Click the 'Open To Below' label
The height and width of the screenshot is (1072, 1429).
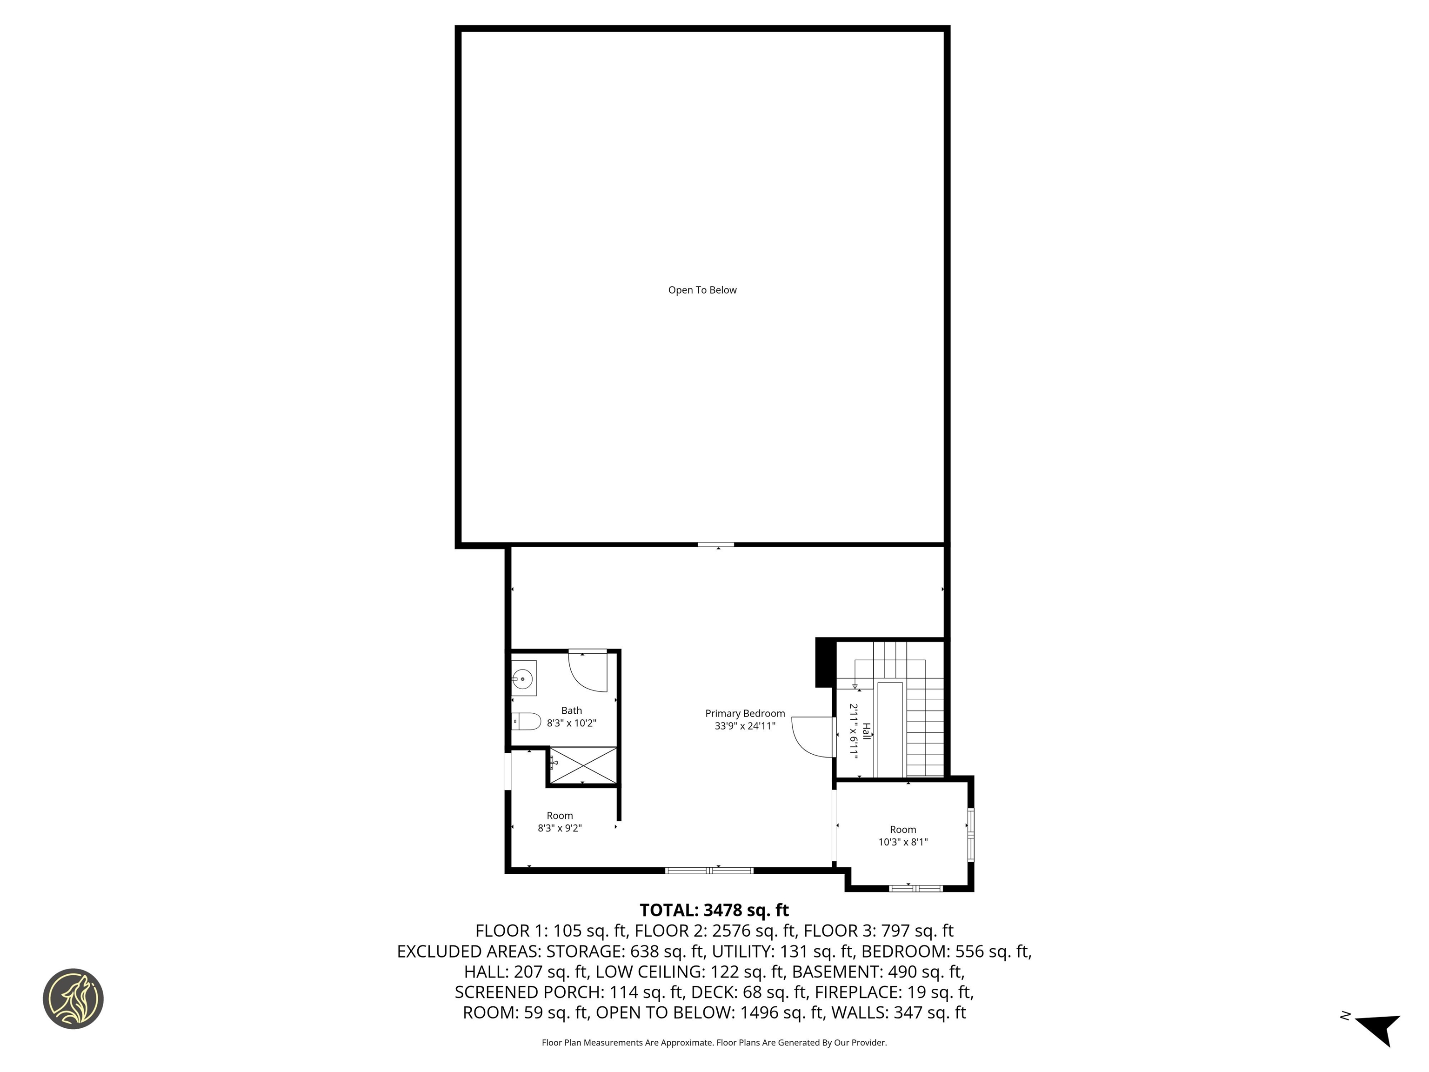point(702,290)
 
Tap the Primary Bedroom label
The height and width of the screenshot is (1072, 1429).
point(745,713)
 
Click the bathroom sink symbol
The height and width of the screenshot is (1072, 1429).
point(522,679)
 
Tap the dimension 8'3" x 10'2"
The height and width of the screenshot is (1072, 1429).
point(571,723)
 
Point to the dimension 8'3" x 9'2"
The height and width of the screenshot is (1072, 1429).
point(560,828)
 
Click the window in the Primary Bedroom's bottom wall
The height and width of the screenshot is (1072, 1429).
point(709,871)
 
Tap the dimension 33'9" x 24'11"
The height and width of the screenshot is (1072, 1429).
point(745,726)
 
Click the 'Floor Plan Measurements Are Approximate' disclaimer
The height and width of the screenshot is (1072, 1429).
point(714,1042)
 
